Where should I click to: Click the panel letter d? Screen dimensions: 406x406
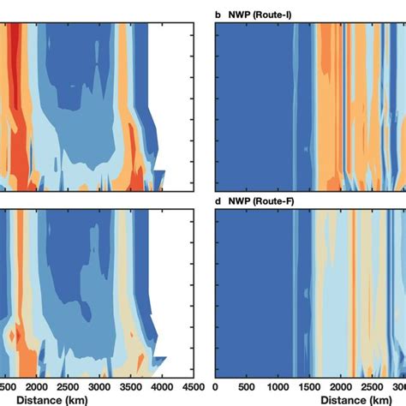(217, 202)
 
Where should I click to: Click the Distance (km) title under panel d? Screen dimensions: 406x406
(359, 398)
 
